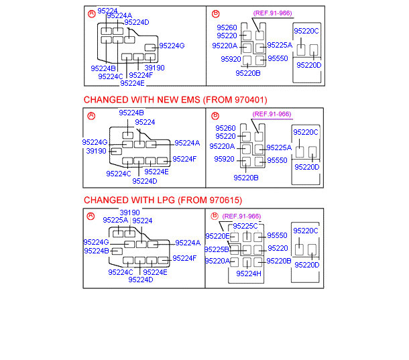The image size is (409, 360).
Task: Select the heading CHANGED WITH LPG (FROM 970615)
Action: tap(163, 200)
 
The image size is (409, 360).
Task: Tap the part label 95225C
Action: tap(245, 226)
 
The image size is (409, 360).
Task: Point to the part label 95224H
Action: tap(249, 273)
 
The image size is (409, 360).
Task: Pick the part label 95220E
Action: tap(217, 236)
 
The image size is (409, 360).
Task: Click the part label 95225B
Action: tap(217, 249)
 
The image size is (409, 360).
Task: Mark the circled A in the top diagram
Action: tap(92, 13)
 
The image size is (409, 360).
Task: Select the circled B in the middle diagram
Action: tap(215, 115)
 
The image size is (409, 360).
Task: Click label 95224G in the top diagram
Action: tap(172, 46)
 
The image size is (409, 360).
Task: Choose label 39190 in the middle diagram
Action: tap(97, 151)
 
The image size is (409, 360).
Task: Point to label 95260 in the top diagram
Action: tap(227, 27)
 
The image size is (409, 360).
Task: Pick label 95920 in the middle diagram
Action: tap(225, 159)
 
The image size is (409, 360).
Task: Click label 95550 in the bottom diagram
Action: tap(278, 235)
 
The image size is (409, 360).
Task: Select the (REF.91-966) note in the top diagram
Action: tap(272, 13)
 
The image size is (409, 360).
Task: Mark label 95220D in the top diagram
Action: tap(309, 65)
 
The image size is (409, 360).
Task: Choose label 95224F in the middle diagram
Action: tap(184, 159)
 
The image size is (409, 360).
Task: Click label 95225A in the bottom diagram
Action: tap(115, 220)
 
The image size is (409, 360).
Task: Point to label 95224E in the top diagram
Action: tap(132, 83)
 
